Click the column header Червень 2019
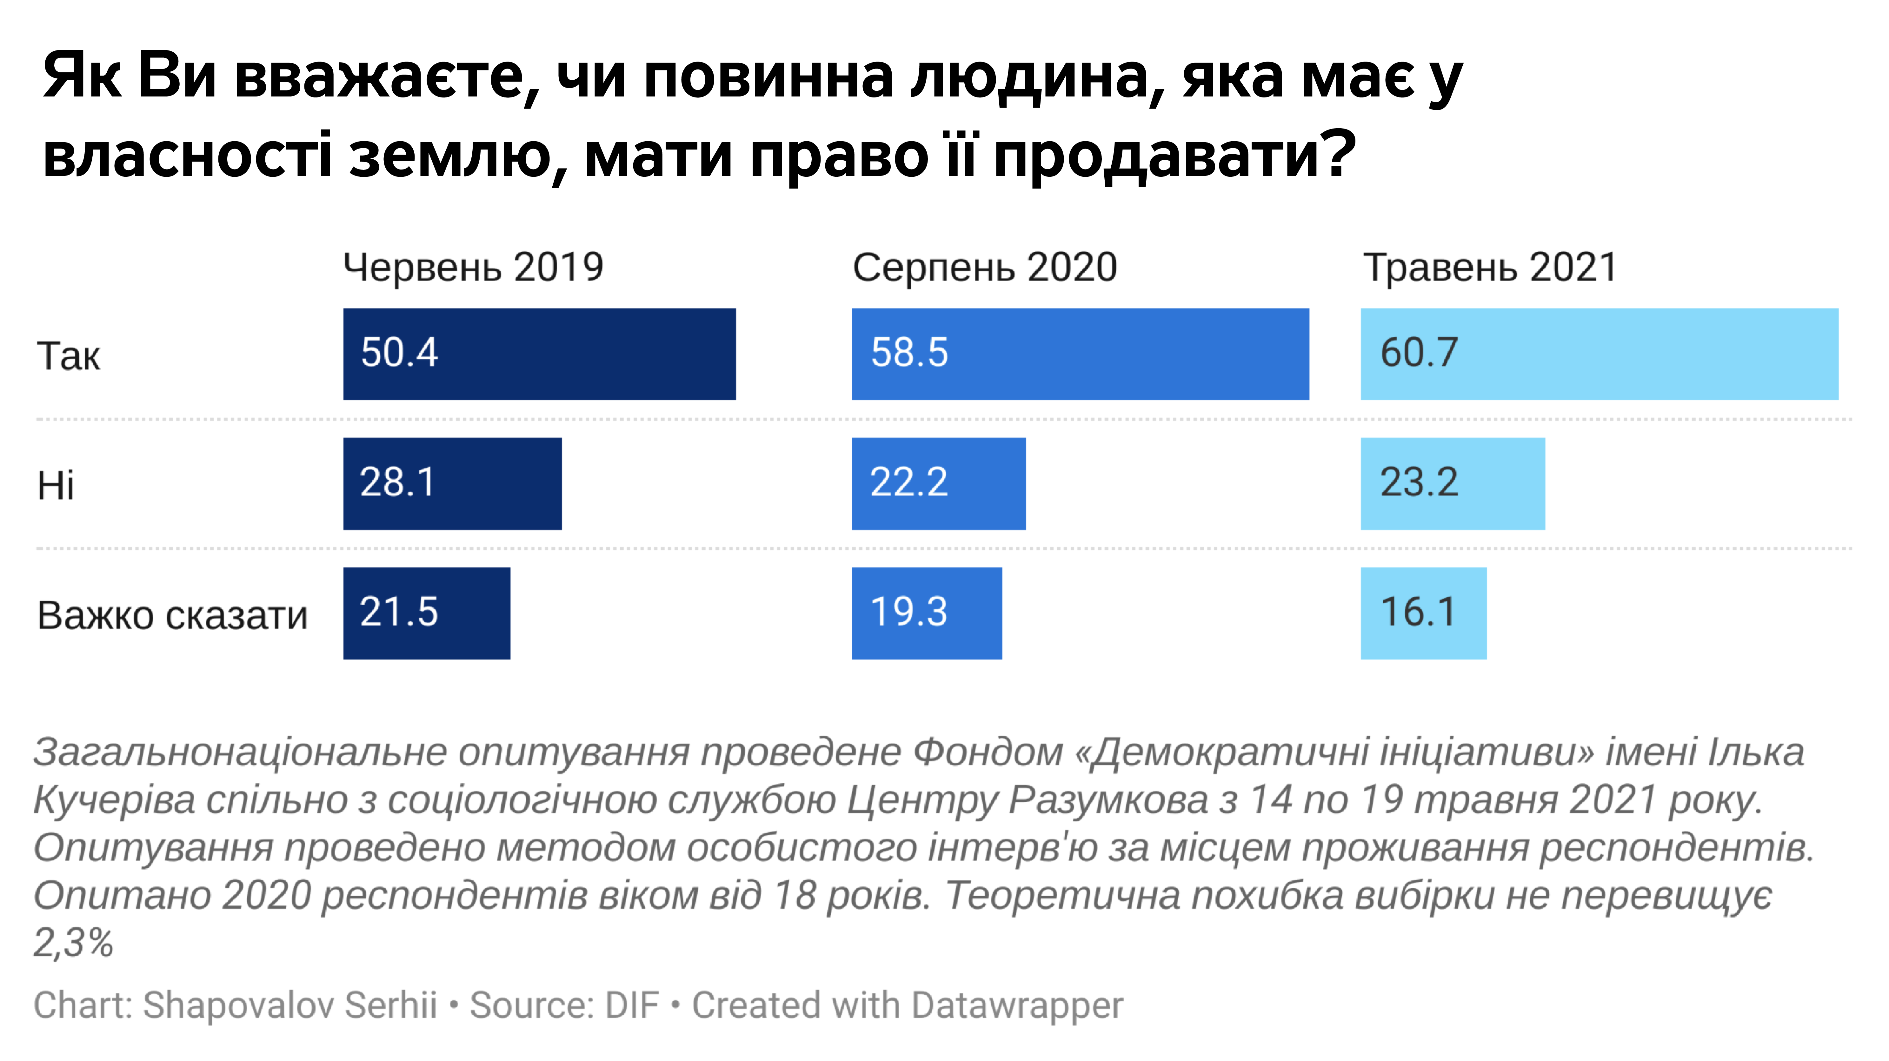473,267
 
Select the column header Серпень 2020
984,267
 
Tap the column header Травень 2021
1489,267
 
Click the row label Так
68,356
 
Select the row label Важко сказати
172,615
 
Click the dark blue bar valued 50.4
539,354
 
